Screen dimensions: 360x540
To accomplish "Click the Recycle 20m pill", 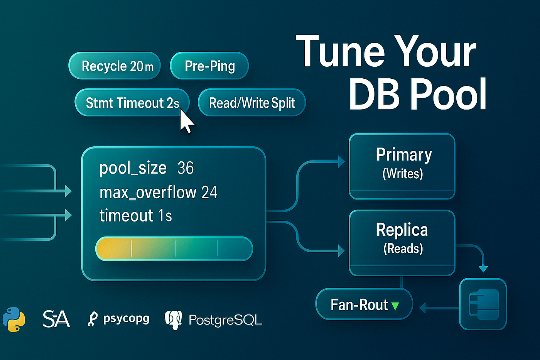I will [x=115, y=66].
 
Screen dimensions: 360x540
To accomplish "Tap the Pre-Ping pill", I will [x=209, y=66].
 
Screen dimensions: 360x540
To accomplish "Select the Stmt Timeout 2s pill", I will [x=132, y=103].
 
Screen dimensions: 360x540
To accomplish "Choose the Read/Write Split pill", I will [x=252, y=103].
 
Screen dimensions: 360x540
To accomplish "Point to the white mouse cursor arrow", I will [x=186, y=121].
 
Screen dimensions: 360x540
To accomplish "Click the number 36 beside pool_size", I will [x=186, y=168].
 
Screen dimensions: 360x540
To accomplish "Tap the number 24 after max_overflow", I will [x=209, y=193].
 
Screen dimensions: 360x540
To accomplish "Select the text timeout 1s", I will [x=135, y=216].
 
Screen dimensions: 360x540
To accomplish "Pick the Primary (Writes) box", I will [x=402, y=166].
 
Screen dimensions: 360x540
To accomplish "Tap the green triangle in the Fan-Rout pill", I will [x=395, y=306].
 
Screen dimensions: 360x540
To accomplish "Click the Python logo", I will [x=14, y=319].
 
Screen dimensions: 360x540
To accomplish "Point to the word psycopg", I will [x=126, y=319].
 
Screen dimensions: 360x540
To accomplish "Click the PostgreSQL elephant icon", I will [x=173, y=320].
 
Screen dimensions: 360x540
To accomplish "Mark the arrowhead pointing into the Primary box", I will [x=341, y=162].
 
